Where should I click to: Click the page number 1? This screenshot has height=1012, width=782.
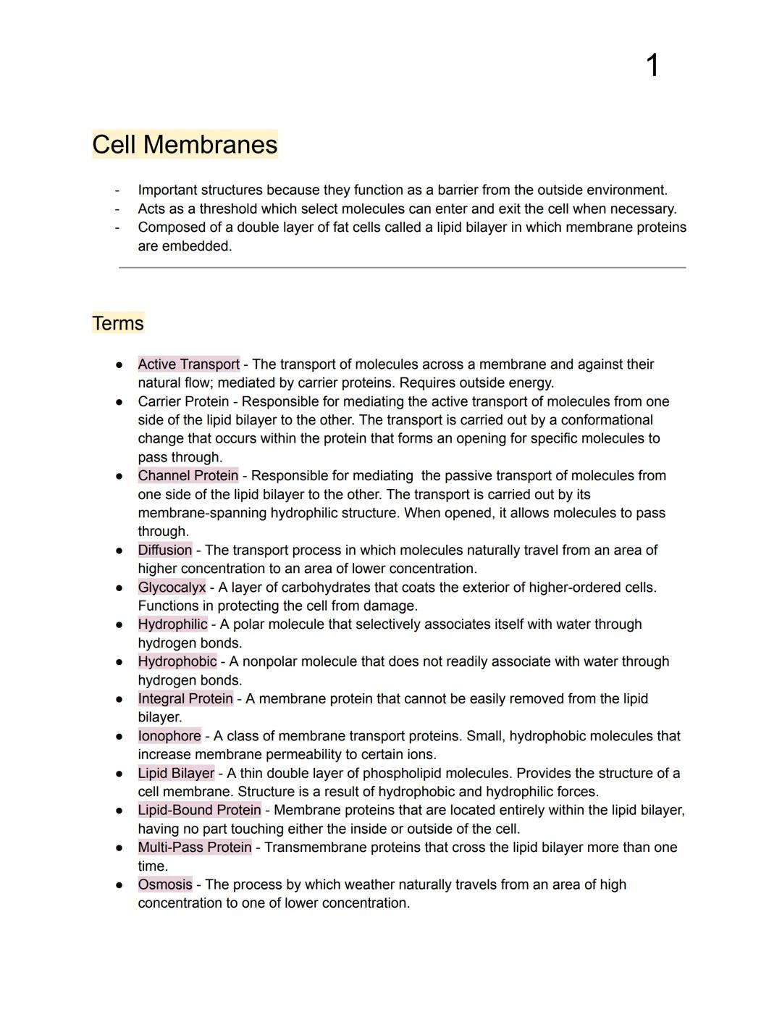652,66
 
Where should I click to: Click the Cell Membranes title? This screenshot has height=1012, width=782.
185,144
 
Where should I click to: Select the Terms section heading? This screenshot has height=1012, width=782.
118,323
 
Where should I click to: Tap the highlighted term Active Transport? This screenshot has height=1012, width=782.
188,364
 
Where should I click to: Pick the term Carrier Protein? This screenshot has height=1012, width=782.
183,401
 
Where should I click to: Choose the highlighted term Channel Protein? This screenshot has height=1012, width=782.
188,476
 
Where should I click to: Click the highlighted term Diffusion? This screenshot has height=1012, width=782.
165,551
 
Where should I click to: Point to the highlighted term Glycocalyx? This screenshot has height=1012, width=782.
172,587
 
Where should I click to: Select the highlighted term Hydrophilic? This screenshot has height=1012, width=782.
172,624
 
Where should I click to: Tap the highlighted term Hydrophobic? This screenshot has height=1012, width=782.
177,661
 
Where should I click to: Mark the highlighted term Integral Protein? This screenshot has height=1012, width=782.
185,699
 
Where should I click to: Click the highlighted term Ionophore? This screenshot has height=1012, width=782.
169,736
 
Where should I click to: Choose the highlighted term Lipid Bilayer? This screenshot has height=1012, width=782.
176,774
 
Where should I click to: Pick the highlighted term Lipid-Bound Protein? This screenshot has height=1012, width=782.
199,811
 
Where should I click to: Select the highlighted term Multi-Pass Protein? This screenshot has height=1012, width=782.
195,848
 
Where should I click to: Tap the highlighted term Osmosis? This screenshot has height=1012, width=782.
165,885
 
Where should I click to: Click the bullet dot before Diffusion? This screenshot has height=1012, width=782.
119,551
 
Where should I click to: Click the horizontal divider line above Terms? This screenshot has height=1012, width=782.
402,268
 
